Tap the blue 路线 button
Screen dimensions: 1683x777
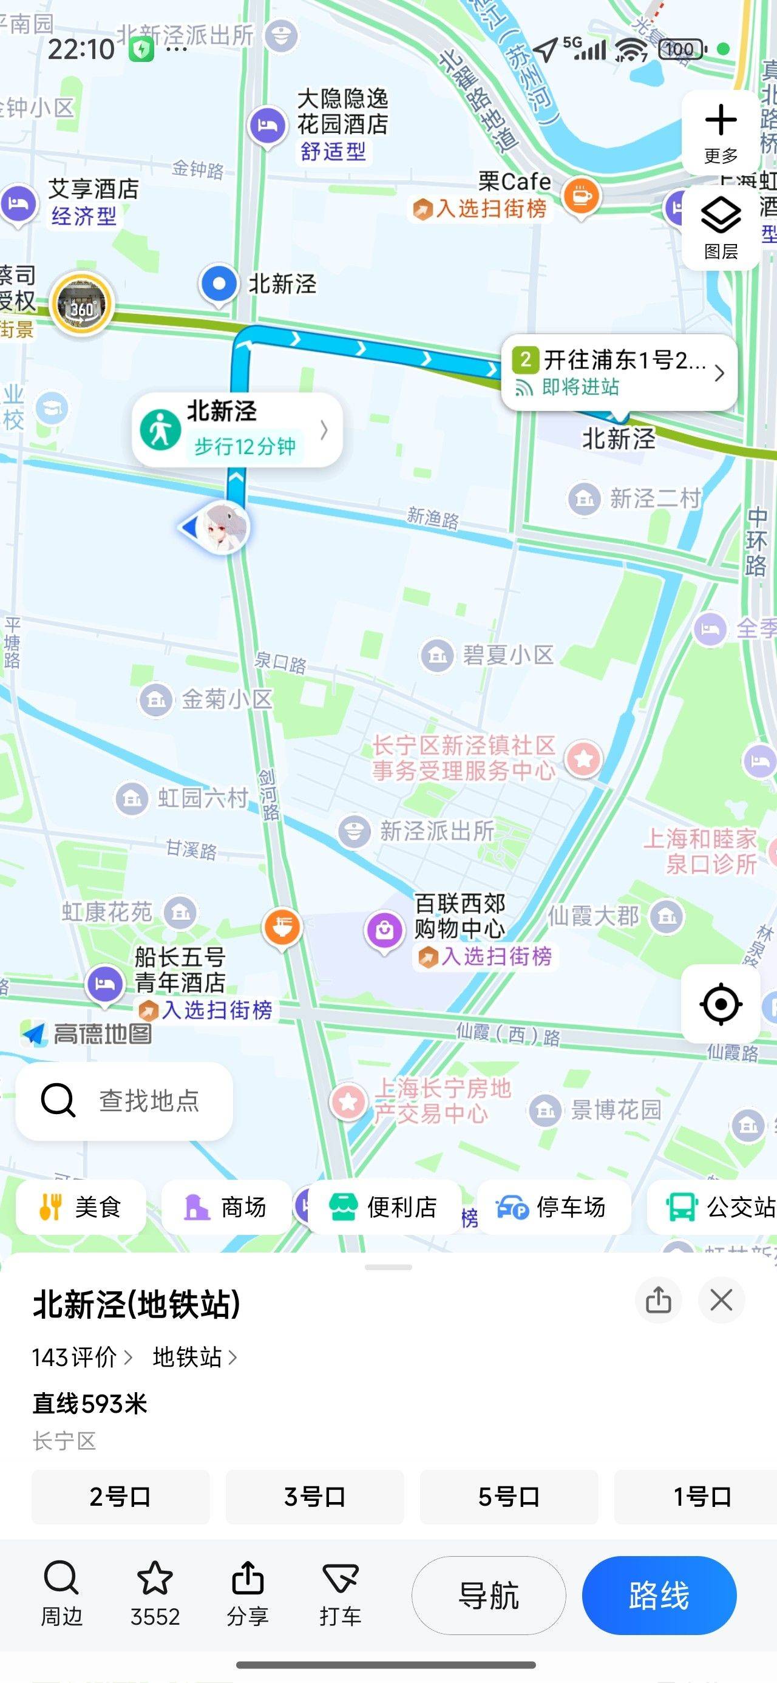coord(659,1596)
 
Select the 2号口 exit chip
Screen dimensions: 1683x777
coord(120,1496)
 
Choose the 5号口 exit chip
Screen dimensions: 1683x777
coord(509,1496)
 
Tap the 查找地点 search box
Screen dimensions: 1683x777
coord(124,1100)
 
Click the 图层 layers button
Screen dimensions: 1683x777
coord(720,226)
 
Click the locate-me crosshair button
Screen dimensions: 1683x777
coord(720,1004)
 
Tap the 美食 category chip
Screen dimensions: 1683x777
coord(81,1207)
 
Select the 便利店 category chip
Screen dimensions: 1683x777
coord(384,1207)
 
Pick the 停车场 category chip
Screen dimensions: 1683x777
coord(553,1207)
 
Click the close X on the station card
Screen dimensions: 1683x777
coord(721,1300)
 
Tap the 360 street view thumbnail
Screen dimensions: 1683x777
coord(82,304)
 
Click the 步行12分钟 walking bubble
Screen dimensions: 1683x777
coord(237,430)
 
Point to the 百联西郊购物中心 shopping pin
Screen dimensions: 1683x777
coord(384,929)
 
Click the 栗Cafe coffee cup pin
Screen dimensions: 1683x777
coord(581,195)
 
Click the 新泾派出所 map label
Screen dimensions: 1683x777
coord(436,831)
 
